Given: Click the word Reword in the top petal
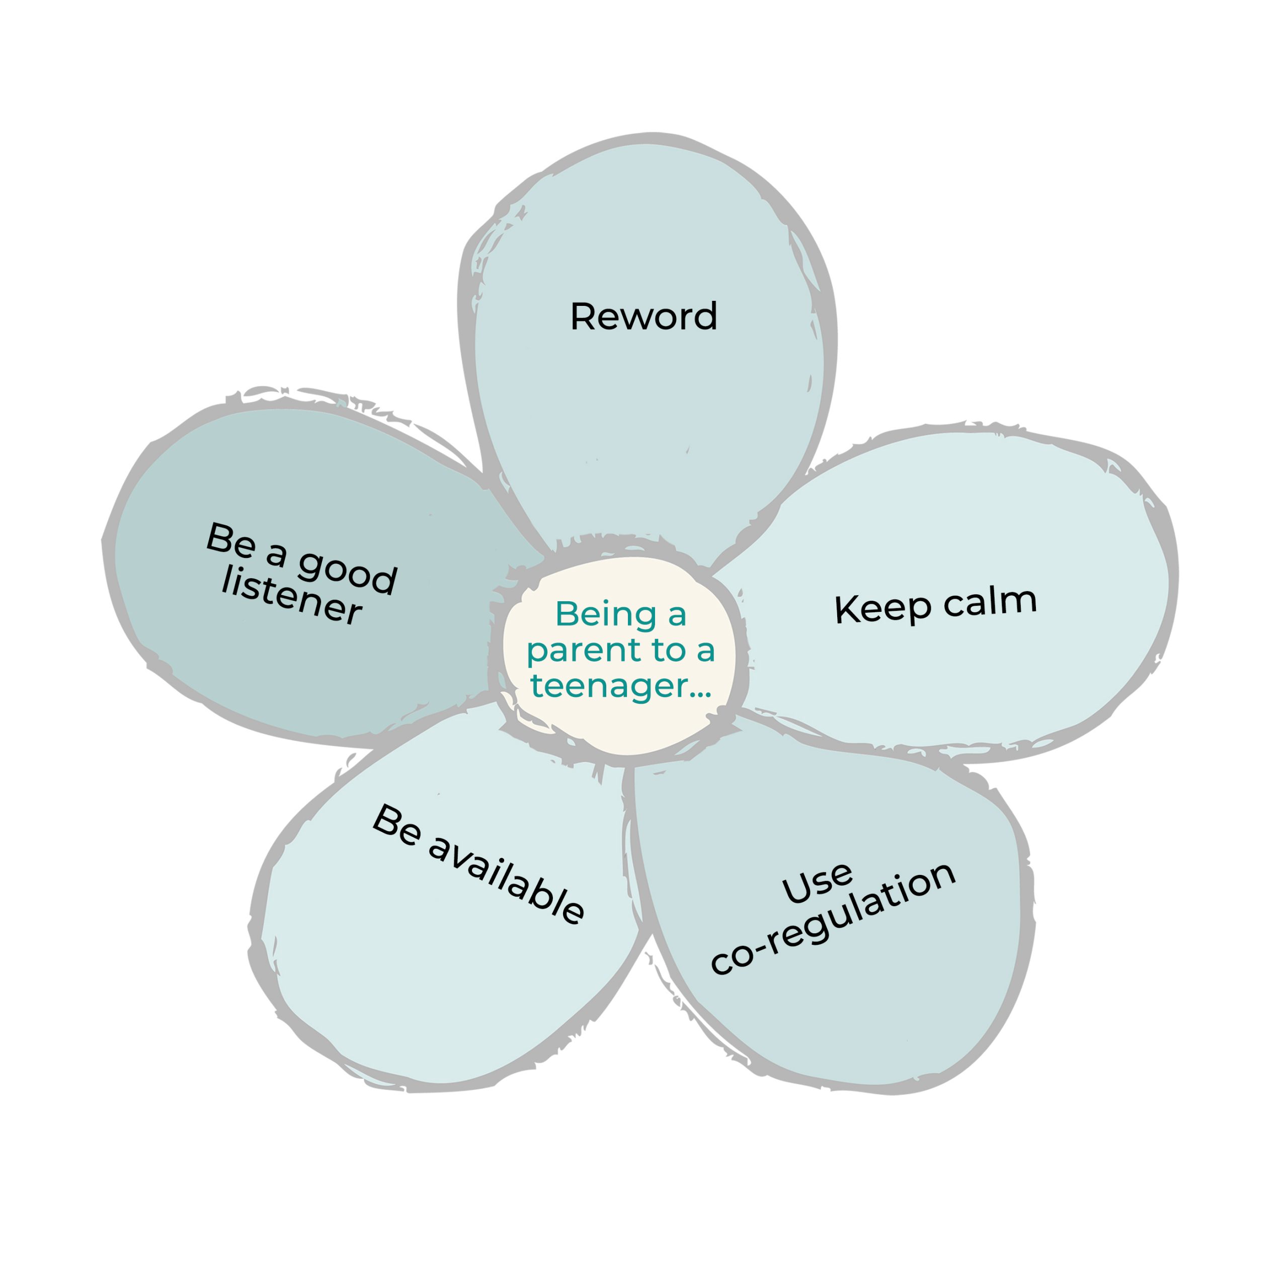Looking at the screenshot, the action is coord(643,316).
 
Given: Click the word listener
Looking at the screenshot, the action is coord(291,595).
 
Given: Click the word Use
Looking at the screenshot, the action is coord(818,883).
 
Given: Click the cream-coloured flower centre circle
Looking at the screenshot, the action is coord(619,656).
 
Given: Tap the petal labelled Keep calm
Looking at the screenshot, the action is coord(947,593).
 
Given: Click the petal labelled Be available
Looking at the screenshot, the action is coord(447,900).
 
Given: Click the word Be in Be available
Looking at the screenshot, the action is coord(396,825).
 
